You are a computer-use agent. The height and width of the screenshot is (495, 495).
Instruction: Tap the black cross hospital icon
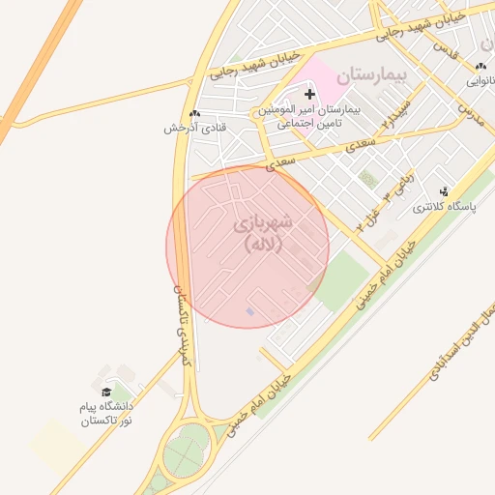click(x=309, y=94)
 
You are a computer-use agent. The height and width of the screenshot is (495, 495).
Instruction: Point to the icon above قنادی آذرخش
click(x=195, y=112)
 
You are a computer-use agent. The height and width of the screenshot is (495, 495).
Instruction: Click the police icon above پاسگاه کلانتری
click(x=445, y=191)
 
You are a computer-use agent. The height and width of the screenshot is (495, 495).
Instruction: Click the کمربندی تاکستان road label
click(x=183, y=324)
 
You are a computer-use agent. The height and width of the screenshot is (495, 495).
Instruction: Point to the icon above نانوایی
click(x=480, y=66)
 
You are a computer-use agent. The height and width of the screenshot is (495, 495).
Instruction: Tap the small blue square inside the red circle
click(x=250, y=311)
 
